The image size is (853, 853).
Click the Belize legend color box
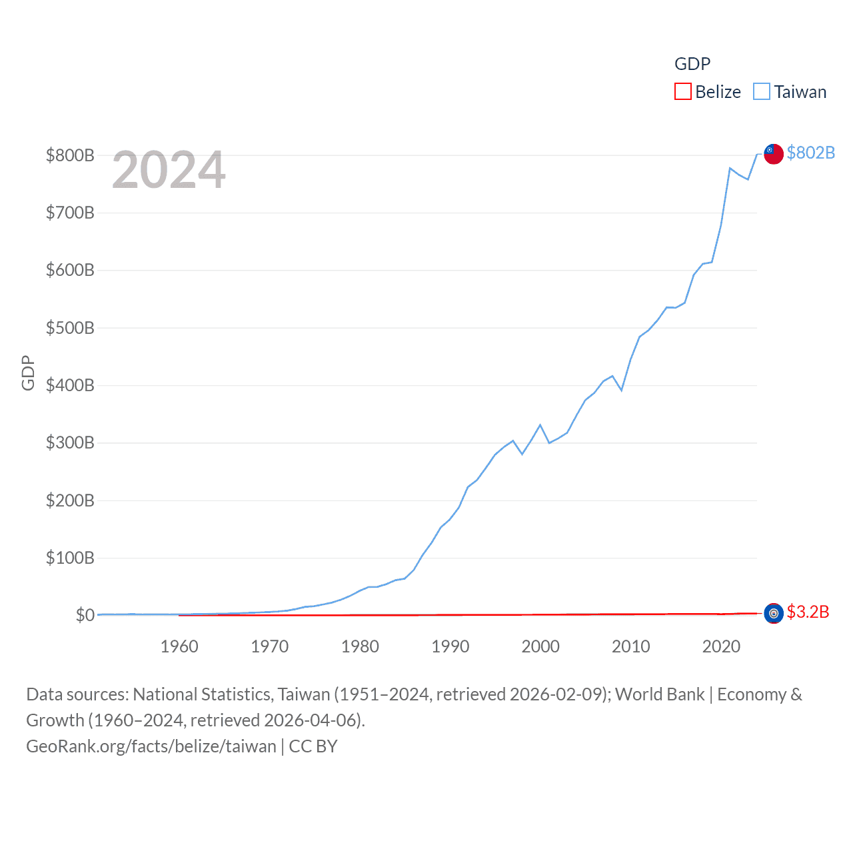point(683,91)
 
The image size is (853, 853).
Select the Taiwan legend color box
point(762,91)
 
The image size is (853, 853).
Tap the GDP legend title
point(692,64)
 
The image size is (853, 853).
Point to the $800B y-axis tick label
point(70,155)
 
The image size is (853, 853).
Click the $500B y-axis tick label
point(70,328)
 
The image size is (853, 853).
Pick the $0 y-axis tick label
point(85,615)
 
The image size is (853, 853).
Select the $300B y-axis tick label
point(70,442)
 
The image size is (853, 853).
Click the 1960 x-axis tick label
point(179,646)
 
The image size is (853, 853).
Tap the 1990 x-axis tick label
point(450,646)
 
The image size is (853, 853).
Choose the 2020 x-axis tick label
point(721,646)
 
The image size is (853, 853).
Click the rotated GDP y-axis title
point(28,373)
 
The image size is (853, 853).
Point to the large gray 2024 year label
point(169,170)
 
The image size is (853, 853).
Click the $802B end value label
point(810,153)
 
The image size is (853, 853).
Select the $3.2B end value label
point(808,612)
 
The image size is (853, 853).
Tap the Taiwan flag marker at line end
point(773,153)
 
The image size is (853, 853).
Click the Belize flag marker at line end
point(773,613)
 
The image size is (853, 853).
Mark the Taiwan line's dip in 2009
point(621,390)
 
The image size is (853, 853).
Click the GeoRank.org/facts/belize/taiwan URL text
point(151,746)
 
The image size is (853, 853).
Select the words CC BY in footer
point(313,746)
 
